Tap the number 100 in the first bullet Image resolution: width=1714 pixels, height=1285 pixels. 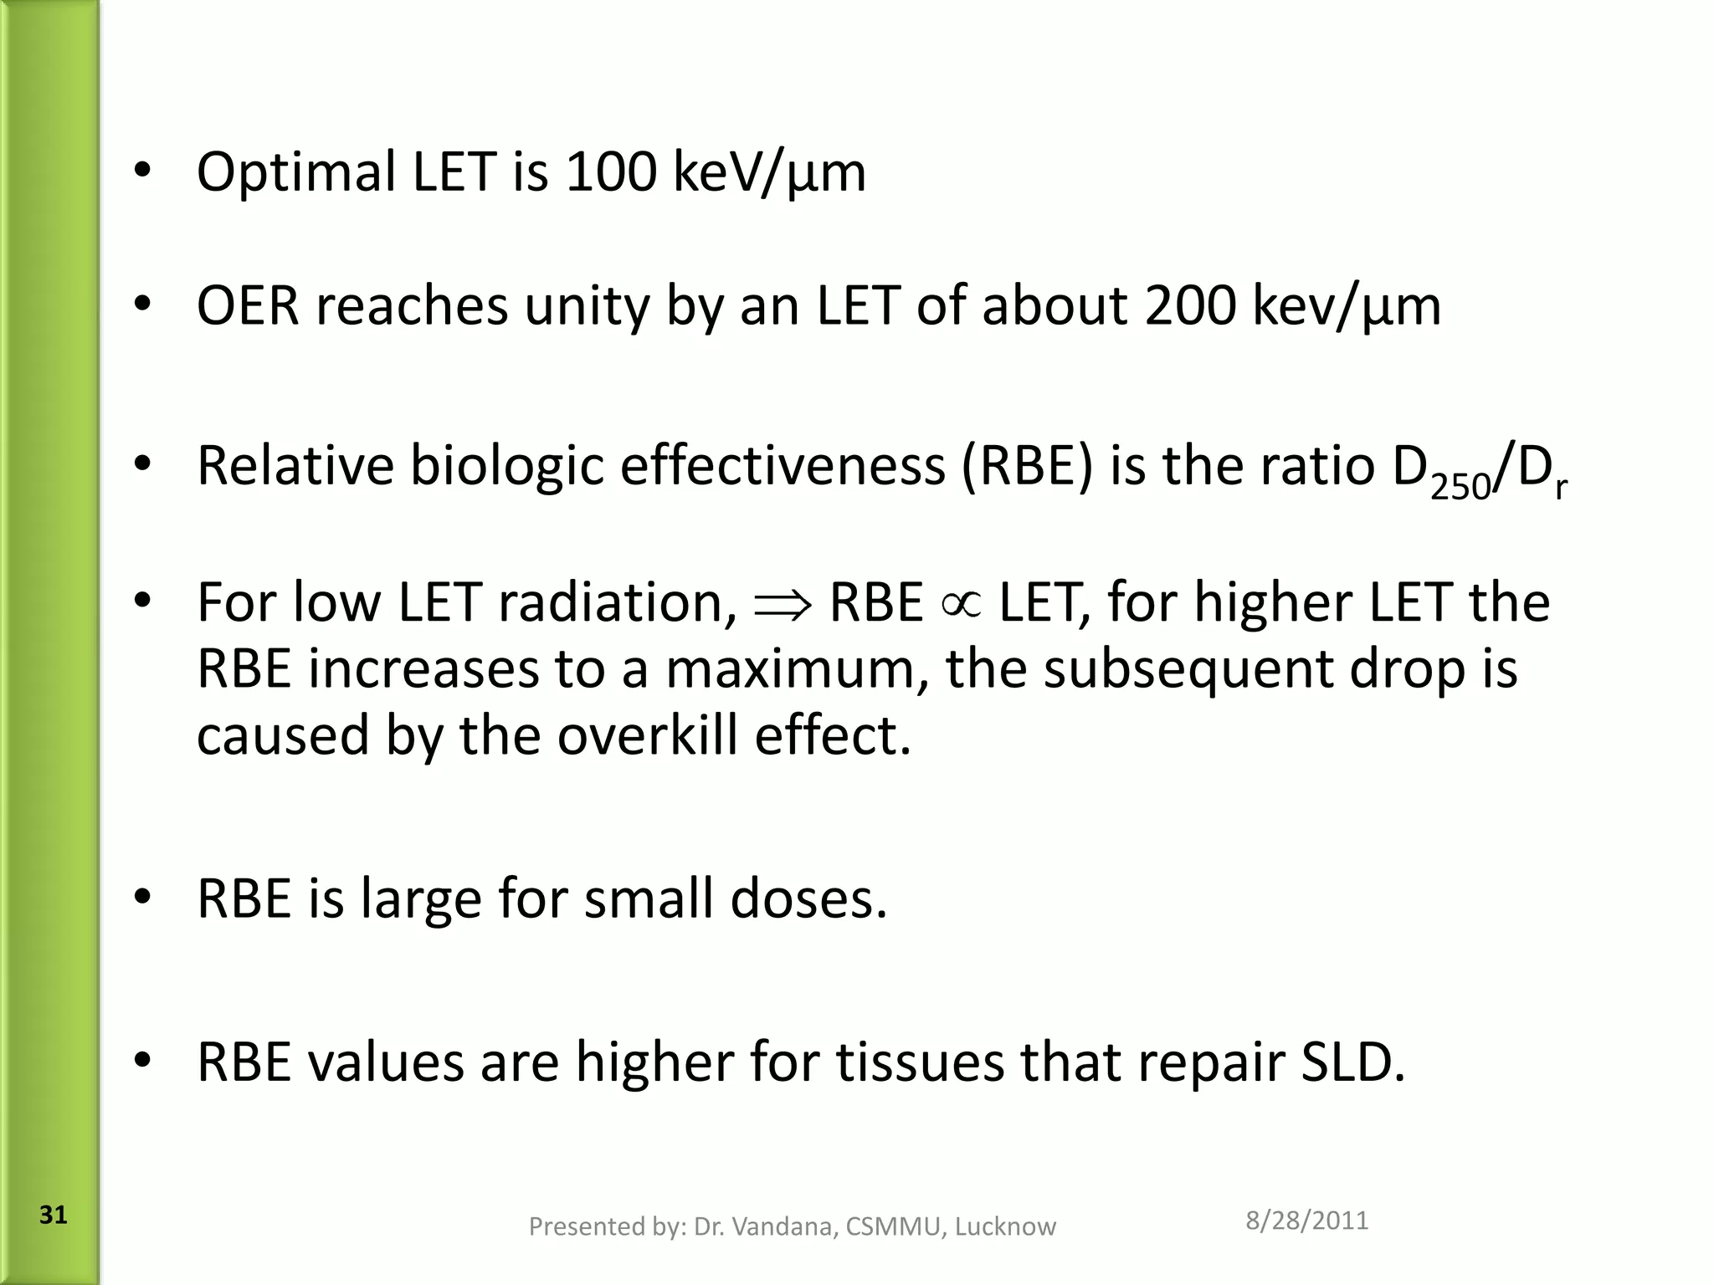point(610,172)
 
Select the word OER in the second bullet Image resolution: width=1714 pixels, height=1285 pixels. point(248,305)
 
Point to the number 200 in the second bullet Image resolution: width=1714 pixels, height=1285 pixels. point(1189,305)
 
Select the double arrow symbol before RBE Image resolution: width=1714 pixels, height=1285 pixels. point(783,604)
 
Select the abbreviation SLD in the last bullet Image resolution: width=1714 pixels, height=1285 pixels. point(1352,1062)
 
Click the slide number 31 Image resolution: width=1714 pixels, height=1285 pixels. point(53,1215)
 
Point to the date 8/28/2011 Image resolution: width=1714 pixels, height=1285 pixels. point(1306,1221)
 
